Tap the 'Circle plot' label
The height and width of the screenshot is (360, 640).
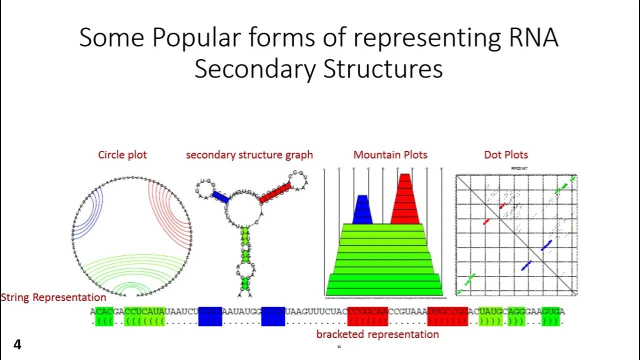pos(122,155)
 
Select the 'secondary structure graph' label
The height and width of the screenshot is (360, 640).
pos(249,155)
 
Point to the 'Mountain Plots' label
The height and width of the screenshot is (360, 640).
pos(390,155)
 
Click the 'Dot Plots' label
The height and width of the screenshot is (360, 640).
pos(506,155)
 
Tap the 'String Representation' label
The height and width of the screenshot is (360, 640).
pos(53,297)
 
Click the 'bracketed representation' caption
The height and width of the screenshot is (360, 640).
pos(377,334)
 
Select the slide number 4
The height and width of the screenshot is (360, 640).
pos(17,344)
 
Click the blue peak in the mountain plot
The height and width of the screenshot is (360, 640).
pos(362,210)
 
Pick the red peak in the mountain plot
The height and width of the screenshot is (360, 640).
pos(405,200)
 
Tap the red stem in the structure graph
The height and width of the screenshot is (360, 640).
pos(275,192)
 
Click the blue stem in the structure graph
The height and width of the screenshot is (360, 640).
pos(220,197)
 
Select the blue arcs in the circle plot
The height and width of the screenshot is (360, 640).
pos(90,212)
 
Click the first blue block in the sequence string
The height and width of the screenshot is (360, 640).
pos(210,316)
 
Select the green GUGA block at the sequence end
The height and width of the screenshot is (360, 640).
pos(550,316)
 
